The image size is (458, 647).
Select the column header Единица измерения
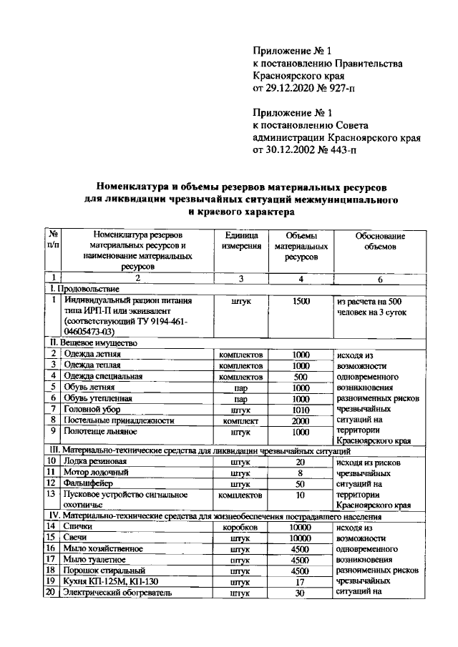[x=240, y=241]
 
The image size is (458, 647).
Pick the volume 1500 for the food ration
[x=301, y=302]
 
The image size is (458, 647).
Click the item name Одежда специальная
[x=103, y=376]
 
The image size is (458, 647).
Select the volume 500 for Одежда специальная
[x=301, y=376]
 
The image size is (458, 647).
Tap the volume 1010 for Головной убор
[x=301, y=410]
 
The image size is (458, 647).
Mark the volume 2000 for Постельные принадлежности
[x=301, y=421]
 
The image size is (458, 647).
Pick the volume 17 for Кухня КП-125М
[x=301, y=582]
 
